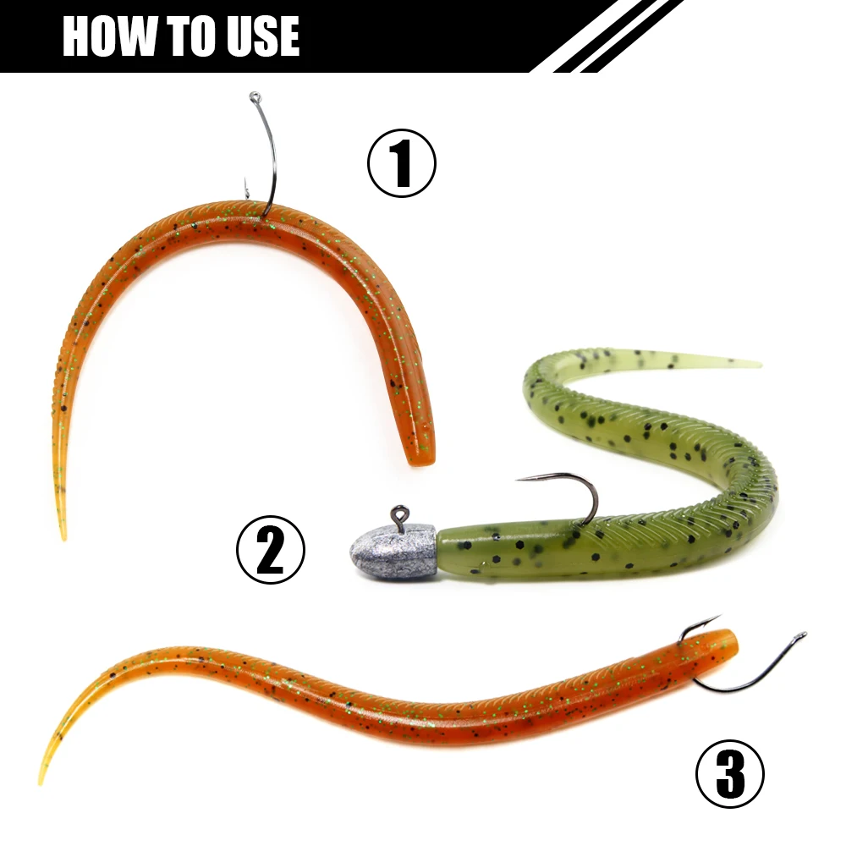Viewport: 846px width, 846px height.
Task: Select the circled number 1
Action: (401, 165)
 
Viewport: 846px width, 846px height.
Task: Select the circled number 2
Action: (270, 550)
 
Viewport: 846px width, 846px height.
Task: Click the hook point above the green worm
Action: (519, 480)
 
